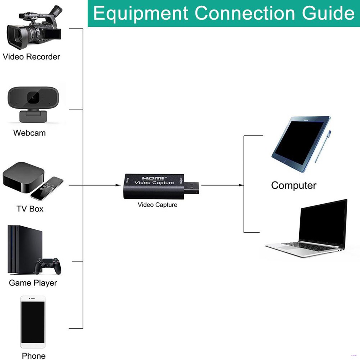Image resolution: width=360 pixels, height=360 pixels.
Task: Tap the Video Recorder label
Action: click(x=31, y=56)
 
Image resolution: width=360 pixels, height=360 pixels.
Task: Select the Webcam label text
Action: click(x=29, y=133)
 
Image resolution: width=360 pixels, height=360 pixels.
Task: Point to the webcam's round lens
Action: click(x=34, y=96)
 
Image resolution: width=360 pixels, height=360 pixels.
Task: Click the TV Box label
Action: click(x=30, y=209)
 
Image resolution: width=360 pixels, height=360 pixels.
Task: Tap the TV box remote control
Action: click(x=47, y=188)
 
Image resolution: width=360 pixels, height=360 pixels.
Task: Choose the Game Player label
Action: click(x=33, y=283)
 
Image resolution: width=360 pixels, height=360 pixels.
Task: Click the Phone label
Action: click(x=34, y=355)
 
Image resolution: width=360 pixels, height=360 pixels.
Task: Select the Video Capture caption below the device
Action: click(x=157, y=205)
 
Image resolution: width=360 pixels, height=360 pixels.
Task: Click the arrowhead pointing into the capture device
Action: click(x=118, y=185)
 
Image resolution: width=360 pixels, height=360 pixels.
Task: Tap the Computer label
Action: click(x=294, y=185)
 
